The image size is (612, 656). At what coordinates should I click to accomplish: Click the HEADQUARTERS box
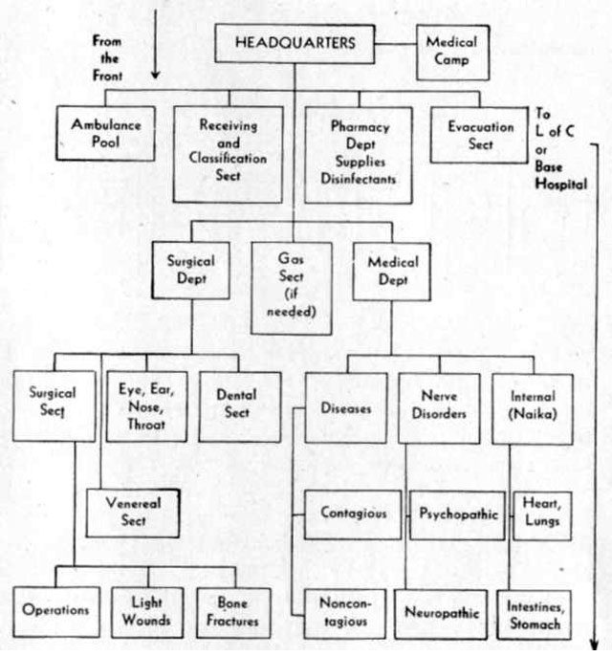(295, 44)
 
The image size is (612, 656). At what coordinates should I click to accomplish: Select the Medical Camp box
(452, 53)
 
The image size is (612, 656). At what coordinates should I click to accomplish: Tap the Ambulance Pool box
(105, 133)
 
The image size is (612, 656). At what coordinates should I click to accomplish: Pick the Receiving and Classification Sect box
(228, 154)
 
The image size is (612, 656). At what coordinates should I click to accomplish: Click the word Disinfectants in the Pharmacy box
(358, 179)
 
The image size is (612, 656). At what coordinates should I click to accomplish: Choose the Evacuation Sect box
(479, 135)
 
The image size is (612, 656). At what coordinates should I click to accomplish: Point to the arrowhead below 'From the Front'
(155, 75)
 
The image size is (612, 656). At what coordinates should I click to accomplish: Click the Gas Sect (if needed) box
(292, 288)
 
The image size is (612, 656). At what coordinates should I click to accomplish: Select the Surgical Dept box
(190, 271)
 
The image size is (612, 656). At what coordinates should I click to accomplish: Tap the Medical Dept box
(391, 272)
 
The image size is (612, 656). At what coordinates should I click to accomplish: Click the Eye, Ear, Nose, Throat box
(146, 406)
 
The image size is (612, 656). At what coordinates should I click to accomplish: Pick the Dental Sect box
(240, 406)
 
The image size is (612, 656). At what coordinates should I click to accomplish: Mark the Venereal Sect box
(133, 513)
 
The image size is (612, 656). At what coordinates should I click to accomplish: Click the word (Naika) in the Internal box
(532, 414)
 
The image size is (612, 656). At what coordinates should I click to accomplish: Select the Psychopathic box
(457, 515)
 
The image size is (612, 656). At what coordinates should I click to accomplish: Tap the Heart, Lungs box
(542, 515)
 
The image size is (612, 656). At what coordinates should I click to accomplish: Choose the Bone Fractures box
(233, 613)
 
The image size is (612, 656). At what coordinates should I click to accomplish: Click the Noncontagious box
(345, 614)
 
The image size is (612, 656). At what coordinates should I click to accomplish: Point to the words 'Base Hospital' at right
(561, 176)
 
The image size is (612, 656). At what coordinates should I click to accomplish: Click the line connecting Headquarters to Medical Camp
(395, 44)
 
